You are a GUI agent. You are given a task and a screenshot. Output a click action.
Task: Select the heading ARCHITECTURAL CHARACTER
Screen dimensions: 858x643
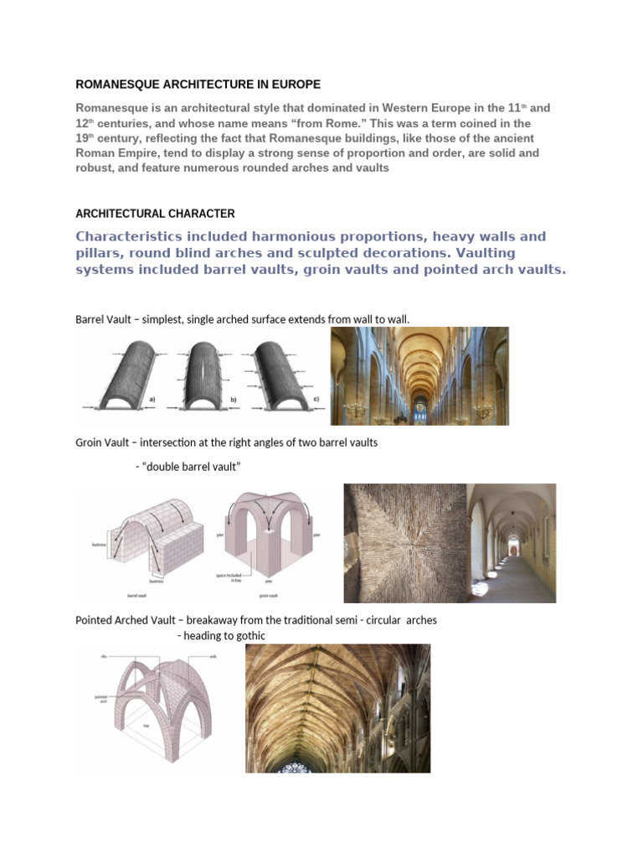click(x=155, y=213)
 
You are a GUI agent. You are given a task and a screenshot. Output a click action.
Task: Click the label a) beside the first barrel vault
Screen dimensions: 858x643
click(x=152, y=400)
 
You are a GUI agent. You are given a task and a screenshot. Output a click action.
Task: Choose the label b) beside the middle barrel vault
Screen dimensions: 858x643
click(x=232, y=401)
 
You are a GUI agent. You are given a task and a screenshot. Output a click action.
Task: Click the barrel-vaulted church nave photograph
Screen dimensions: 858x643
click(x=419, y=375)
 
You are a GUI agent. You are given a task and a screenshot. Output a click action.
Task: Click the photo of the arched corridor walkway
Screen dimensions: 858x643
click(x=512, y=543)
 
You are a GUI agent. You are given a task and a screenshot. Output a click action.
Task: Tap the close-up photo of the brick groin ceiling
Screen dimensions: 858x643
click(x=403, y=543)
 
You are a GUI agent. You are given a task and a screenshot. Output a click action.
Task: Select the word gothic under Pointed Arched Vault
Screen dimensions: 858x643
click(x=251, y=636)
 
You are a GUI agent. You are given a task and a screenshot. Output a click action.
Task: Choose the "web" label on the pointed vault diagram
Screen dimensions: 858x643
click(x=213, y=656)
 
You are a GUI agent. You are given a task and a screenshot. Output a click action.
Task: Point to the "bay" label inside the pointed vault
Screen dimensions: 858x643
click(x=147, y=726)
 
